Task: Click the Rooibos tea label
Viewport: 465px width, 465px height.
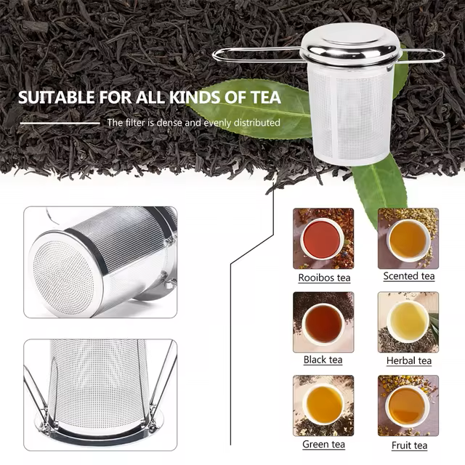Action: point(324,278)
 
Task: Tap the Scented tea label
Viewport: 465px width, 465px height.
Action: point(409,276)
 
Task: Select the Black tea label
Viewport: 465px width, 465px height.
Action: point(323,360)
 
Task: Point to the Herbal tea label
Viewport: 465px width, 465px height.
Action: point(409,360)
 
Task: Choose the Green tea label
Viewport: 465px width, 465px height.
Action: point(323,444)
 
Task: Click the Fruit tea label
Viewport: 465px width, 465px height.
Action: point(409,445)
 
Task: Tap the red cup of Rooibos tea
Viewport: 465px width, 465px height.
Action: point(323,239)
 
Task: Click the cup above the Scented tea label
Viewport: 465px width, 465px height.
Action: point(408,240)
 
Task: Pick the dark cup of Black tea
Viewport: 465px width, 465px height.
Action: point(323,324)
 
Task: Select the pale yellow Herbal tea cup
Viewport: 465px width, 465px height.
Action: point(408,323)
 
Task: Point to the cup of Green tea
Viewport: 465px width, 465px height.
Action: point(324,405)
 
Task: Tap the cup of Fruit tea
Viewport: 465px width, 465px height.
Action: point(407,407)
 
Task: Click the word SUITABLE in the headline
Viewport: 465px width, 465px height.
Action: point(57,97)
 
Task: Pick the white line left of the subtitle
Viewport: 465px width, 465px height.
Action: point(60,123)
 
